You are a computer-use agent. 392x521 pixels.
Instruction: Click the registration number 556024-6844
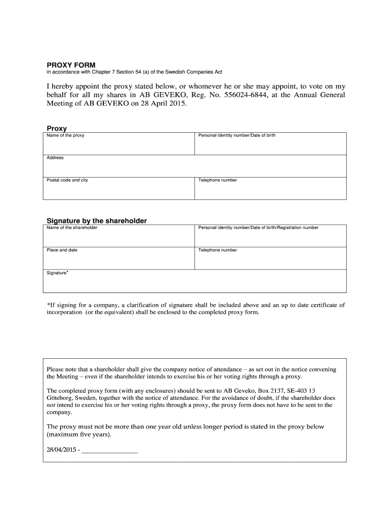[242, 95]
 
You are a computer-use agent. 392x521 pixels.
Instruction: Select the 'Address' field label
[55, 158]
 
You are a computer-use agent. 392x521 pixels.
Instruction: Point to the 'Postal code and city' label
[67, 180]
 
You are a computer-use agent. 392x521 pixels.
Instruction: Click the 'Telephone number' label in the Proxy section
[217, 180]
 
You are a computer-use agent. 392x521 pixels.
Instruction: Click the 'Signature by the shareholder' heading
[97, 221]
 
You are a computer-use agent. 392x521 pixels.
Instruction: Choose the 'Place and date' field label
[62, 250]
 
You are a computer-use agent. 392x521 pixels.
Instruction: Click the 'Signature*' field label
[58, 273]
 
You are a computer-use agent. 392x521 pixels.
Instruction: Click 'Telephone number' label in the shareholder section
[217, 250]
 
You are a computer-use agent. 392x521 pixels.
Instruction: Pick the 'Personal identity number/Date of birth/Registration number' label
[258, 227]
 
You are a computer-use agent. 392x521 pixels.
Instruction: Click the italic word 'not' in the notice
[50, 406]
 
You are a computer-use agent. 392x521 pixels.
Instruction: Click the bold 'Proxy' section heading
[57, 129]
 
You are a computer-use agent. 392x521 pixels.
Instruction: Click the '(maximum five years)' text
[78, 436]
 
